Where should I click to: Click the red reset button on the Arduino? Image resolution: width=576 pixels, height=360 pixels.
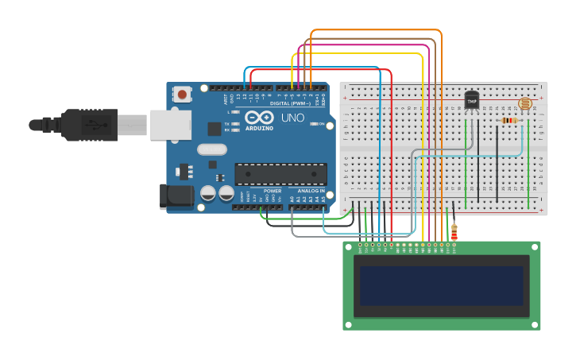182,95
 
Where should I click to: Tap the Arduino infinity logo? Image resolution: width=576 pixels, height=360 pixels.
258,118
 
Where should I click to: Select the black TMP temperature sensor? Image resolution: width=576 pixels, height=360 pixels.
472,101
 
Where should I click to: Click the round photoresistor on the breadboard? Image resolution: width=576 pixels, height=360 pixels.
524,103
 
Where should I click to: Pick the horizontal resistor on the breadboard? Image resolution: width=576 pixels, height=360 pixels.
509,121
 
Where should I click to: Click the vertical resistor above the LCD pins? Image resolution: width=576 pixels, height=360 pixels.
454,231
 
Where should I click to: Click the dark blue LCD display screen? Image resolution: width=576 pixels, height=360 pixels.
441,286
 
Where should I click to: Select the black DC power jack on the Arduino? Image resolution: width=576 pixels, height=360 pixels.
176,196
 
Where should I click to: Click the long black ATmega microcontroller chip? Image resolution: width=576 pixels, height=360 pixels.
280,174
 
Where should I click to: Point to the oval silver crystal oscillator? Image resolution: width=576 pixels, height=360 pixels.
212,149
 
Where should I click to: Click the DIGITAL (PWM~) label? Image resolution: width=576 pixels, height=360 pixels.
290,103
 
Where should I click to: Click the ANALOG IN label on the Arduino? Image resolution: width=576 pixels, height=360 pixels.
311,192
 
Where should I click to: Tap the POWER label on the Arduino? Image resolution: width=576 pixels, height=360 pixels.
273,192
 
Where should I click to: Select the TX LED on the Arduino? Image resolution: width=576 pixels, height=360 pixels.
236,124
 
